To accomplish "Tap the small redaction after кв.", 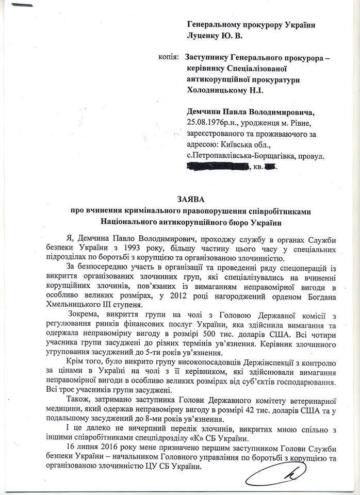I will [x=271, y=166].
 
